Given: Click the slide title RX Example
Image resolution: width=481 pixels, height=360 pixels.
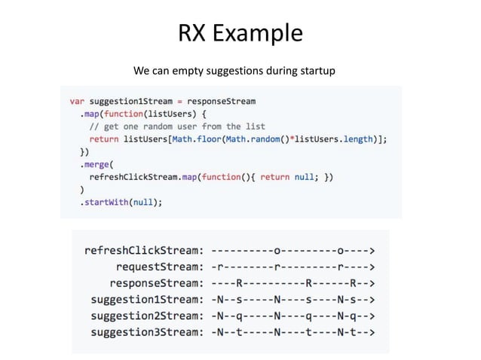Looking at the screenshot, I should click(x=240, y=33).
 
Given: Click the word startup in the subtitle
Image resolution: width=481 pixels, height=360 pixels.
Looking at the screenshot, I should click(x=316, y=72).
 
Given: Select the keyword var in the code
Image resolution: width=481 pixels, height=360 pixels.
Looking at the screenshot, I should click(x=77, y=101).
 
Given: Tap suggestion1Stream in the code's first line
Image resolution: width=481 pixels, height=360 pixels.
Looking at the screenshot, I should click(x=127, y=101).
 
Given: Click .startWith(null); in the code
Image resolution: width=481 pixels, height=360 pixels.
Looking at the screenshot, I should click(x=121, y=202).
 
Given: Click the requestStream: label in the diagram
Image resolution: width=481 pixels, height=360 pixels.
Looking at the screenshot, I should click(x=159, y=267).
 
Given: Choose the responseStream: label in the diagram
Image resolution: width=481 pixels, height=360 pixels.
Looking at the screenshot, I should click(x=156, y=283).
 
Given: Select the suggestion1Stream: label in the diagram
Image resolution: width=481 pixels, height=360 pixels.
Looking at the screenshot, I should click(x=146, y=300).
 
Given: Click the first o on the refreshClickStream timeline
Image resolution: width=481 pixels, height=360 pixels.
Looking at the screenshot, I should click(x=278, y=250).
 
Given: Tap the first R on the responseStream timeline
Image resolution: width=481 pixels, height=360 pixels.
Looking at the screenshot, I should click(x=239, y=283).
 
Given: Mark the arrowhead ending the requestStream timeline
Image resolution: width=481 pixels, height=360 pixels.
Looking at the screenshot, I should click(x=373, y=267).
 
